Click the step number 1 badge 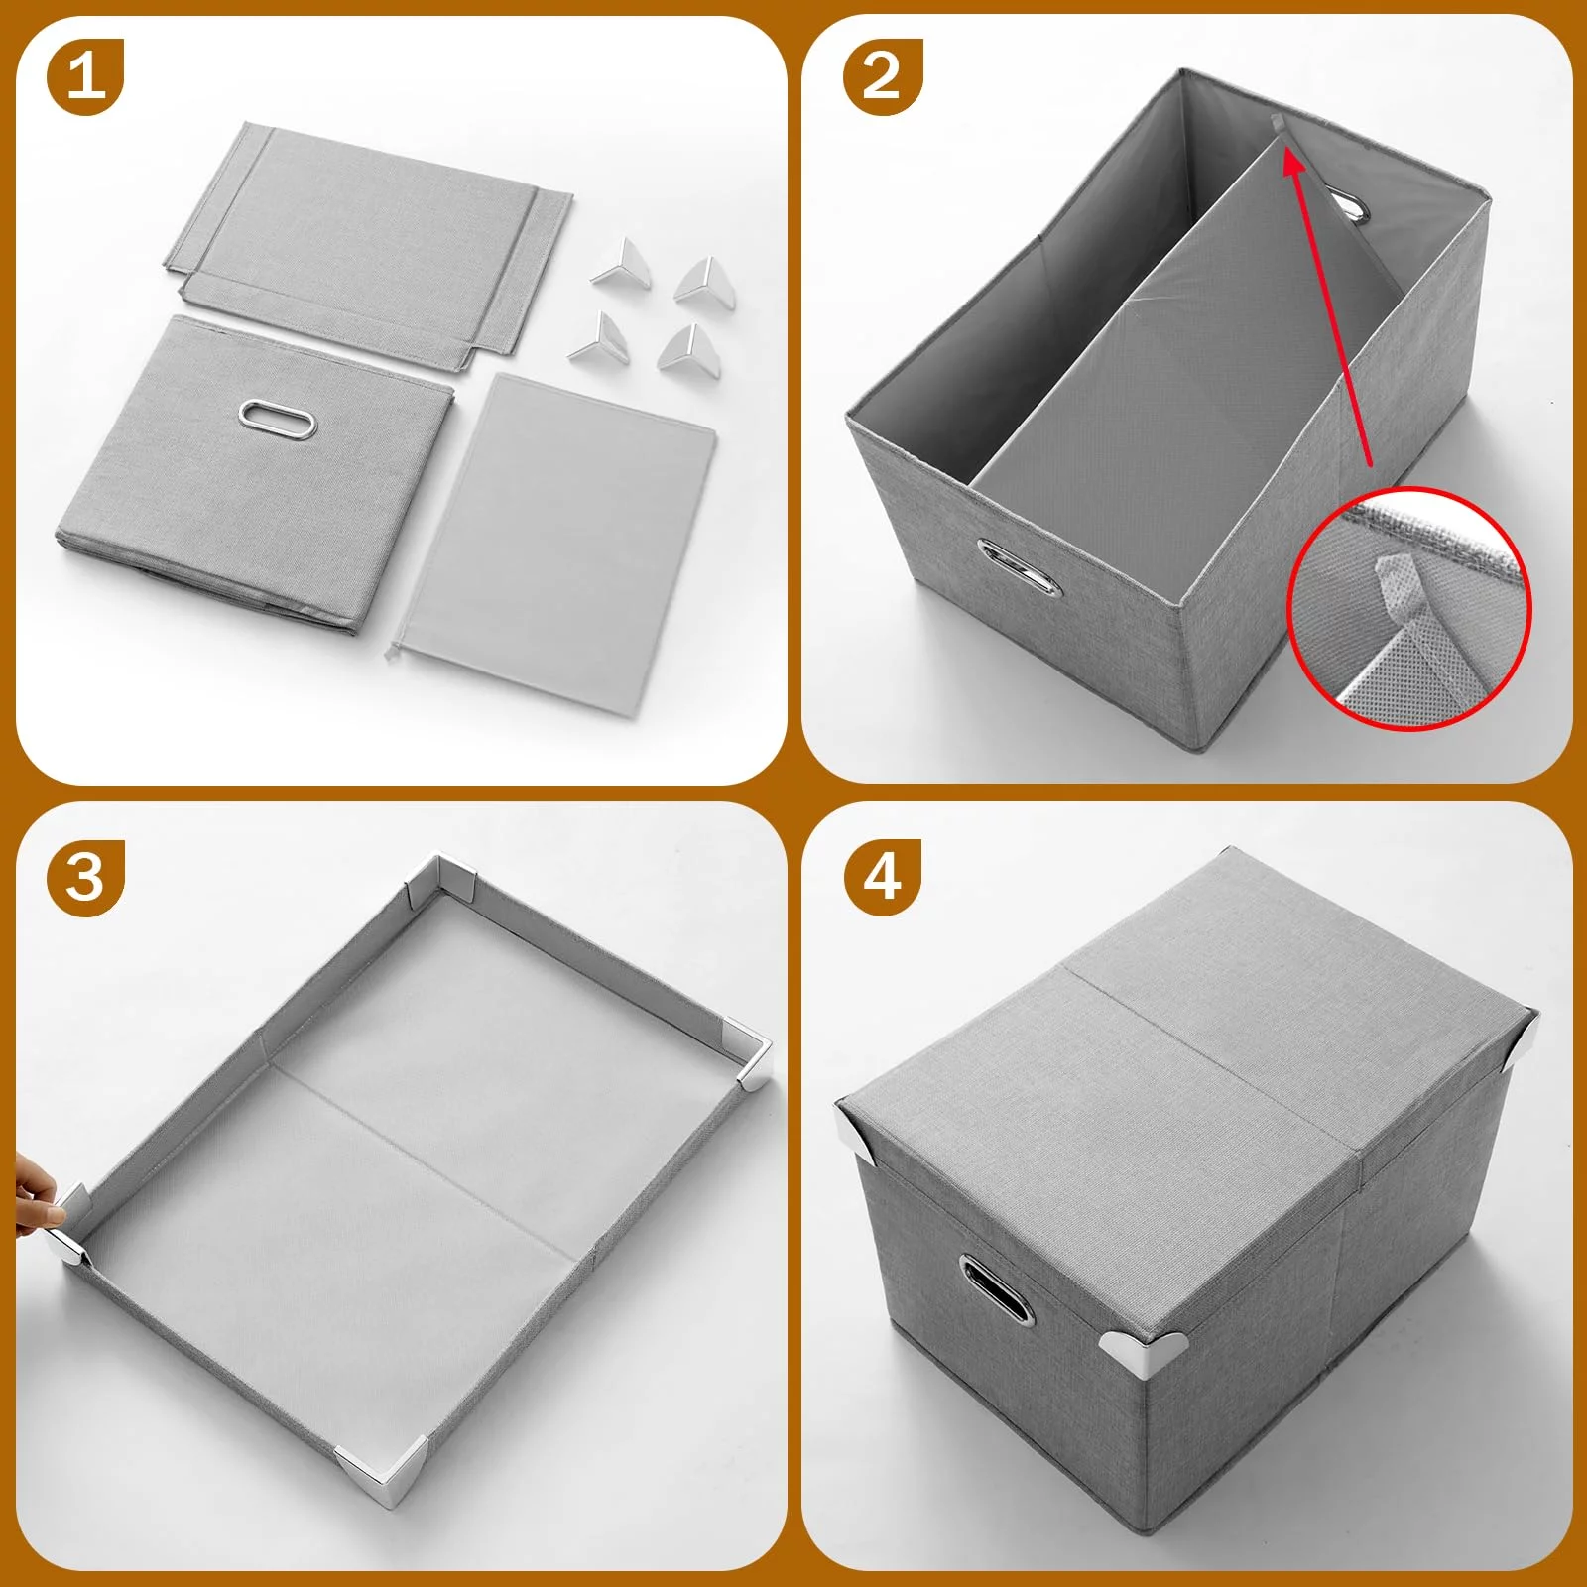click(x=84, y=76)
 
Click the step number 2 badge click(x=883, y=76)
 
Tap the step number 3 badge click(x=84, y=878)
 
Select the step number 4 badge click(x=883, y=878)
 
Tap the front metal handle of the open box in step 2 click(x=1018, y=568)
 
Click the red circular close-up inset click(x=1408, y=608)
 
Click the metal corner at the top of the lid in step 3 click(x=442, y=882)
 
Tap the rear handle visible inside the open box click(x=1348, y=207)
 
